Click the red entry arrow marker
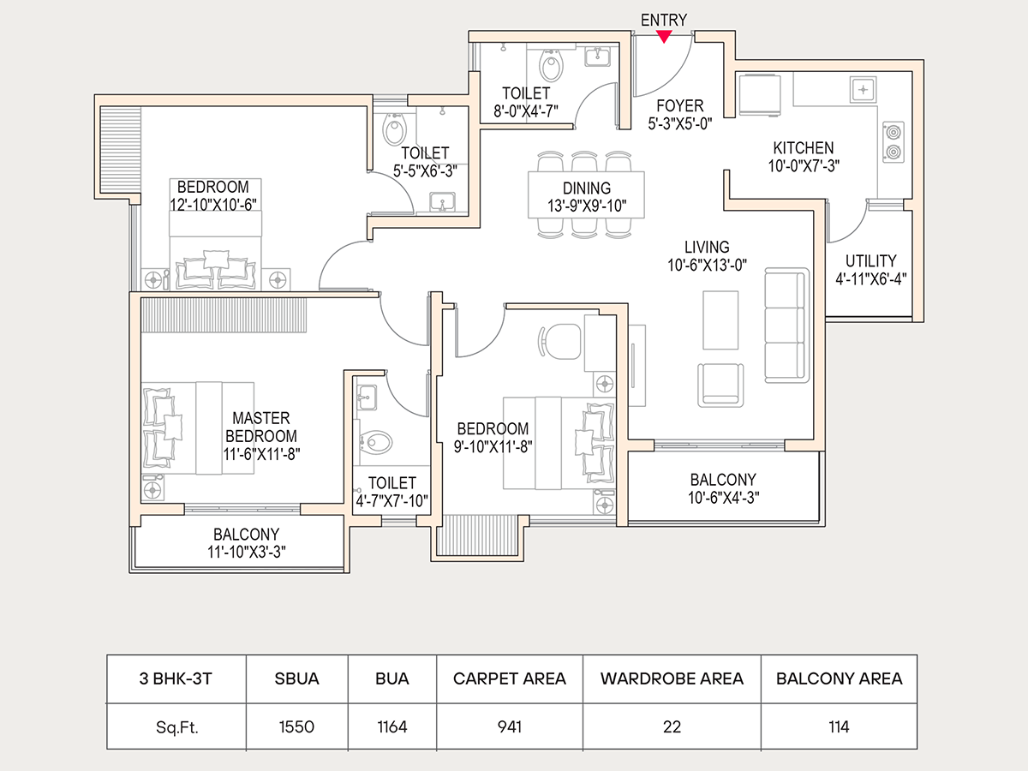tap(664, 36)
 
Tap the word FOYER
tap(680, 106)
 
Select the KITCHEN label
tap(803, 148)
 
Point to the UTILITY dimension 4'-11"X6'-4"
tap(871, 278)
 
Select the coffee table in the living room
tap(720, 320)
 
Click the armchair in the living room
tap(721, 385)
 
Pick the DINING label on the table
tap(587, 188)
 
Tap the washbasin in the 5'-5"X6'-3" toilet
tap(443, 202)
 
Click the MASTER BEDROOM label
tap(261, 427)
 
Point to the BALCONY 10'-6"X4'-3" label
tap(723, 480)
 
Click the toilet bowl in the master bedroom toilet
tap(377, 443)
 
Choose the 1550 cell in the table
tap(297, 727)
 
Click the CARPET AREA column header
tap(510, 678)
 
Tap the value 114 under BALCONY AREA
tap(839, 727)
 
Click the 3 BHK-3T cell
tap(176, 678)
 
